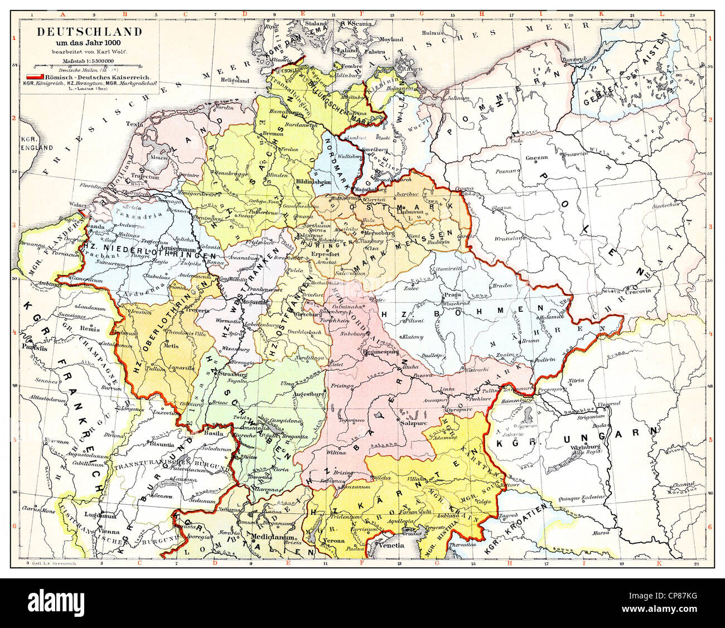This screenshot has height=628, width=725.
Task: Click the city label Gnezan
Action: click(x=535, y=158)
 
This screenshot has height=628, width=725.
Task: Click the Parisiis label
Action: click(x=32, y=345)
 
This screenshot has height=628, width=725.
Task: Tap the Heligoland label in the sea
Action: click(x=234, y=80)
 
